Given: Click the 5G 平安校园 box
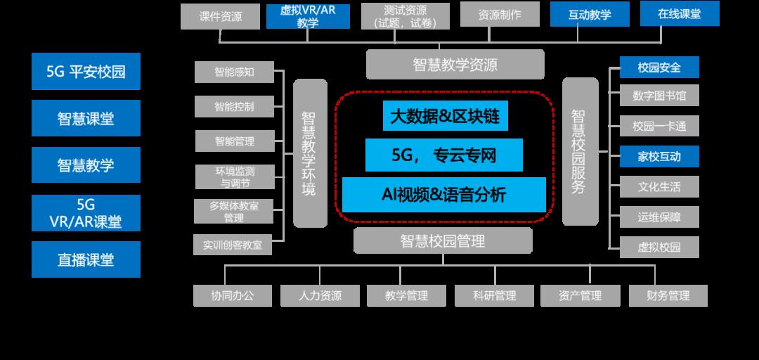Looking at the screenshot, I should (86, 71).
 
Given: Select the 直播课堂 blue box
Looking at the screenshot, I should (86, 259).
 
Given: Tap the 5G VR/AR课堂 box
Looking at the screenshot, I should (86, 213).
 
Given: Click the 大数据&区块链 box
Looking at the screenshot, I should (445, 116).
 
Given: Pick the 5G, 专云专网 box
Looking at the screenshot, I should (444, 155).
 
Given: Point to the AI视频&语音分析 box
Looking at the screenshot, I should (444, 194).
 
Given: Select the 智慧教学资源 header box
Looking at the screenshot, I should (455, 65).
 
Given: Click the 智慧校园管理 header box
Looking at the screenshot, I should (443, 241).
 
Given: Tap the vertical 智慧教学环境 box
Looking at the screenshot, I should (309, 153).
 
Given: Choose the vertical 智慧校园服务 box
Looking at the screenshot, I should (580, 151).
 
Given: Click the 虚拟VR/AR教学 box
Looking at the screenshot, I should (308, 15).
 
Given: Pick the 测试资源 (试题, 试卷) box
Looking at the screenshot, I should (406, 15).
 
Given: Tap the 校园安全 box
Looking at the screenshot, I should (659, 67).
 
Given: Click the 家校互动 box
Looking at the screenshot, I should (659, 156).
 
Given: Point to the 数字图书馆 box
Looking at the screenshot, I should (659, 95).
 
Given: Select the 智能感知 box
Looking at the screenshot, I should (234, 72).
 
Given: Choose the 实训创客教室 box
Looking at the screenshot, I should (233, 245).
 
